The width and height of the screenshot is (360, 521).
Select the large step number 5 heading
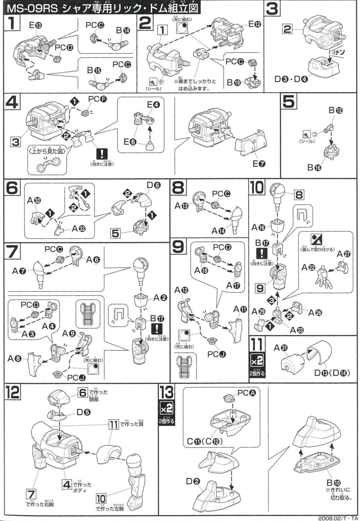[289, 102]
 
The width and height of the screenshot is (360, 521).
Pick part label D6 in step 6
[153, 185]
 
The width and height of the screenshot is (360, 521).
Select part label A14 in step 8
[219, 231]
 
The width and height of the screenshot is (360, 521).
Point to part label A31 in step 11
[281, 348]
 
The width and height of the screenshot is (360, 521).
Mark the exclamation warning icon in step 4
[102, 154]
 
